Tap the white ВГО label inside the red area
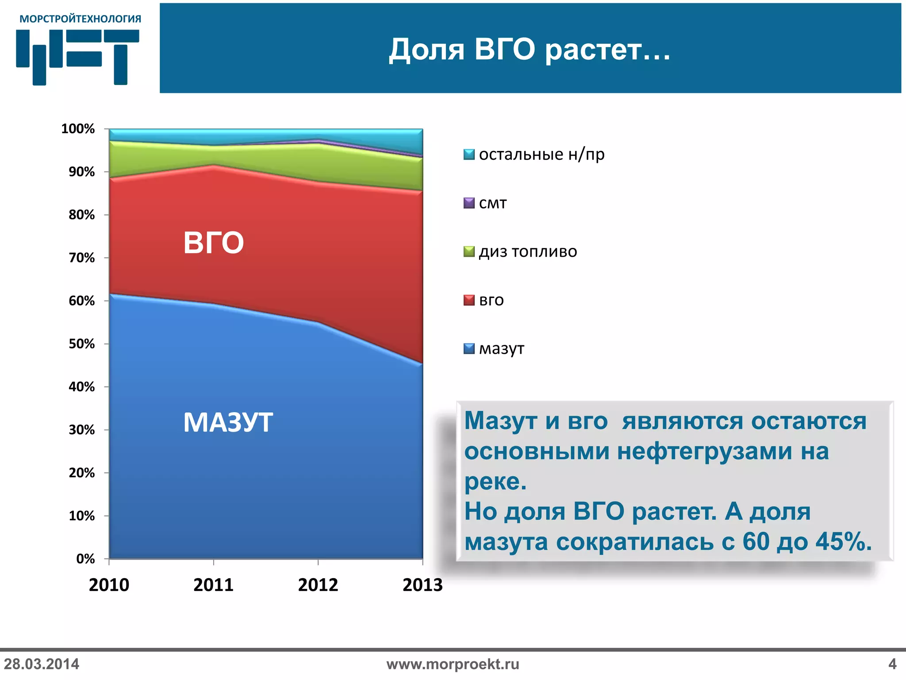pyautogui.click(x=213, y=243)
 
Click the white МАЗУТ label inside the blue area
pyautogui.click(x=228, y=422)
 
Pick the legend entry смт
pyautogui.click(x=492, y=203)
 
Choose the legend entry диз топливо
pyautogui.click(x=527, y=251)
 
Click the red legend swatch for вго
pyautogui.click(x=468, y=300)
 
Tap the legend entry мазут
pyautogui.click(x=501, y=349)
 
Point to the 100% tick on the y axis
pyautogui.click(x=78, y=129)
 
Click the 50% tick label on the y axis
pyautogui.click(x=81, y=344)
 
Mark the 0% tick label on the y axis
pyautogui.click(x=85, y=559)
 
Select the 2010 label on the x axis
pyautogui.click(x=109, y=585)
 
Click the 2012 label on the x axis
pyautogui.click(x=318, y=585)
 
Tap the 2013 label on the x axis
pyautogui.click(x=422, y=585)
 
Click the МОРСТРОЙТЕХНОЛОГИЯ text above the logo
pyautogui.click(x=80, y=19)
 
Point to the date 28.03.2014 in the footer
pyautogui.click(x=42, y=664)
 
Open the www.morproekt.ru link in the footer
pyautogui.click(x=453, y=664)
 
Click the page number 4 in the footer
pyautogui.click(x=892, y=664)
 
